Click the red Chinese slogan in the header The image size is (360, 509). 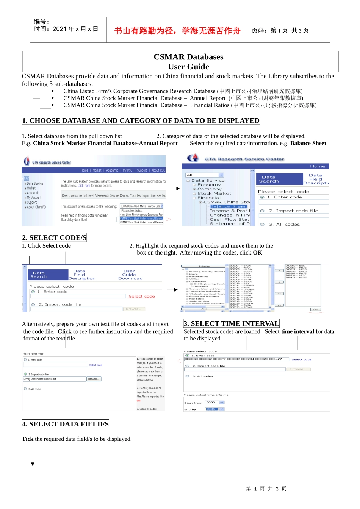point(177,31)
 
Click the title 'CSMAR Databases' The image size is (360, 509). point(188,57)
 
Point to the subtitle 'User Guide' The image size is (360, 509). point(188,67)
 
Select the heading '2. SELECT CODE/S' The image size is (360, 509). point(54,238)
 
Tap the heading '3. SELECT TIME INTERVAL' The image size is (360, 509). point(231,323)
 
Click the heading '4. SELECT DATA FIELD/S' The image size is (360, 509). point(65,424)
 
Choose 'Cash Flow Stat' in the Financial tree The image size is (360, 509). point(229,219)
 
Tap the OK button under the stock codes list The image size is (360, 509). point(315,309)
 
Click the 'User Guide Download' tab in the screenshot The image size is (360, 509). point(130,275)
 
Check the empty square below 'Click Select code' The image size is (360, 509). point(26,260)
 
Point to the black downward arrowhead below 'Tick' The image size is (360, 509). point(33,464)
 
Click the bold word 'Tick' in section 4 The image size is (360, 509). point(28,439)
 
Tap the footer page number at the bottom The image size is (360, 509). point(266,489)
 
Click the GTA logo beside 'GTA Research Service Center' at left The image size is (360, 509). point(27,161)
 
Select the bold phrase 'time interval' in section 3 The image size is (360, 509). point(297,331)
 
